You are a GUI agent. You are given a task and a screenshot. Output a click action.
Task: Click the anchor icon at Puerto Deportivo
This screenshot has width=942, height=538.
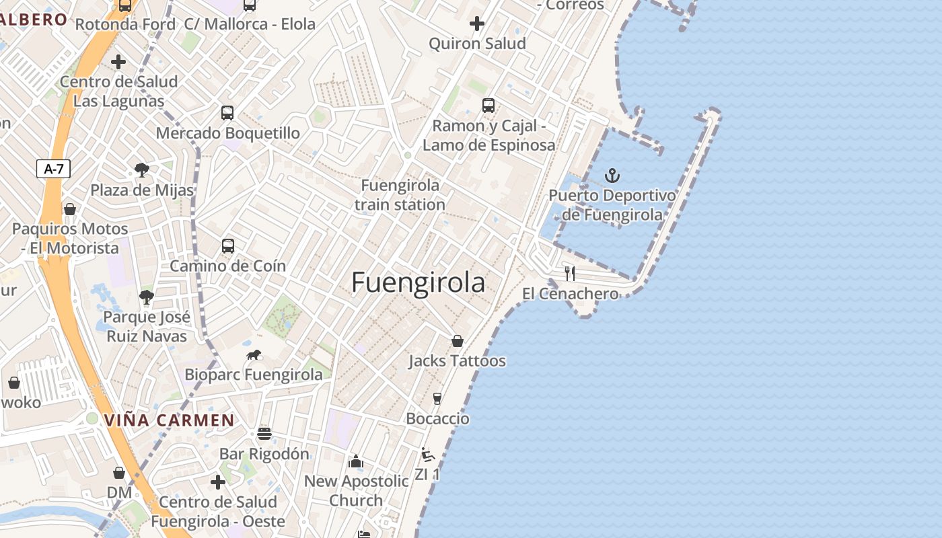click(x=612, y=176)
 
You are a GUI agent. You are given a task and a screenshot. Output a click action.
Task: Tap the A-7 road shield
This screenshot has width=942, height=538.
click(x=53, y=169)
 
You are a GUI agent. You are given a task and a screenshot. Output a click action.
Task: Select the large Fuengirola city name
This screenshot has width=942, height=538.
click(x=418, y=282)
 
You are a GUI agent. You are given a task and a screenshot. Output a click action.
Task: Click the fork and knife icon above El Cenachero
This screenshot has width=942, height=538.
click(x=570, y=273)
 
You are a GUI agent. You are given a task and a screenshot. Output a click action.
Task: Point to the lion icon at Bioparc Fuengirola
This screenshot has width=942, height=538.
click(x=254, y=355)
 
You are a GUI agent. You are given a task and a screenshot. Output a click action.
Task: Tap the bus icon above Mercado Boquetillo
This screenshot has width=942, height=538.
click(x=227, y=113)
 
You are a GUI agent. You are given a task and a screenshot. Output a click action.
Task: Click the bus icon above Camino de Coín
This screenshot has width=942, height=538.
click(x=228, y=246)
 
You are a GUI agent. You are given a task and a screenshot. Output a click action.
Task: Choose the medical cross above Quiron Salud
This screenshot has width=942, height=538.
click(x=477, y=24)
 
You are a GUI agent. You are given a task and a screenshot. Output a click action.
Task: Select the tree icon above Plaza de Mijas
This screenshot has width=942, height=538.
click(x=142, y=169)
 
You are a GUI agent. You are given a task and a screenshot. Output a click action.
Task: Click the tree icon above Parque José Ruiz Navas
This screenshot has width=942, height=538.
click(x=146, y=297)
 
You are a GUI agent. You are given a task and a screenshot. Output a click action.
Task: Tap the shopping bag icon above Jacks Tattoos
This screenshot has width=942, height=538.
click(x=458, y=341)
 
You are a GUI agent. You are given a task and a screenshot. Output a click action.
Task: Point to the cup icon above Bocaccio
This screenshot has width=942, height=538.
click(x=437, y=399)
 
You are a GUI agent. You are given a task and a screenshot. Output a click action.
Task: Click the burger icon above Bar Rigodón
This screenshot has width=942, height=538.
click(x=264, y=434)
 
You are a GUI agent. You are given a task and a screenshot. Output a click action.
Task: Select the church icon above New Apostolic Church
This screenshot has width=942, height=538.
click(x=356, y=461)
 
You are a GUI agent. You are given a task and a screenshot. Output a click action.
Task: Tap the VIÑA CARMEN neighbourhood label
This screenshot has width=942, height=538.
click(x=169, y=421)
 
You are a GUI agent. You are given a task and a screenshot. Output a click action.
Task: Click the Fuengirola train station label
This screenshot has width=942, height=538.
click(x=400, y=194)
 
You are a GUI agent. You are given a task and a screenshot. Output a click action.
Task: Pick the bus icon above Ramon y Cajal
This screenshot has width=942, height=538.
click(x=488, y=106)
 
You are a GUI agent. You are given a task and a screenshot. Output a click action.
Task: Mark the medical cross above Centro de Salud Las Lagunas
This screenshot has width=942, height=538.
click(x=118, y=63)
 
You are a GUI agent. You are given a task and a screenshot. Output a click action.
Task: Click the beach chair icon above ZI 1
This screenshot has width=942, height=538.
click(x=427, y=455)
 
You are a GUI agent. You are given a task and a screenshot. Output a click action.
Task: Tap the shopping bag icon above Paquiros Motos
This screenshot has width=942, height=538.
click(x=70, y=209)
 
